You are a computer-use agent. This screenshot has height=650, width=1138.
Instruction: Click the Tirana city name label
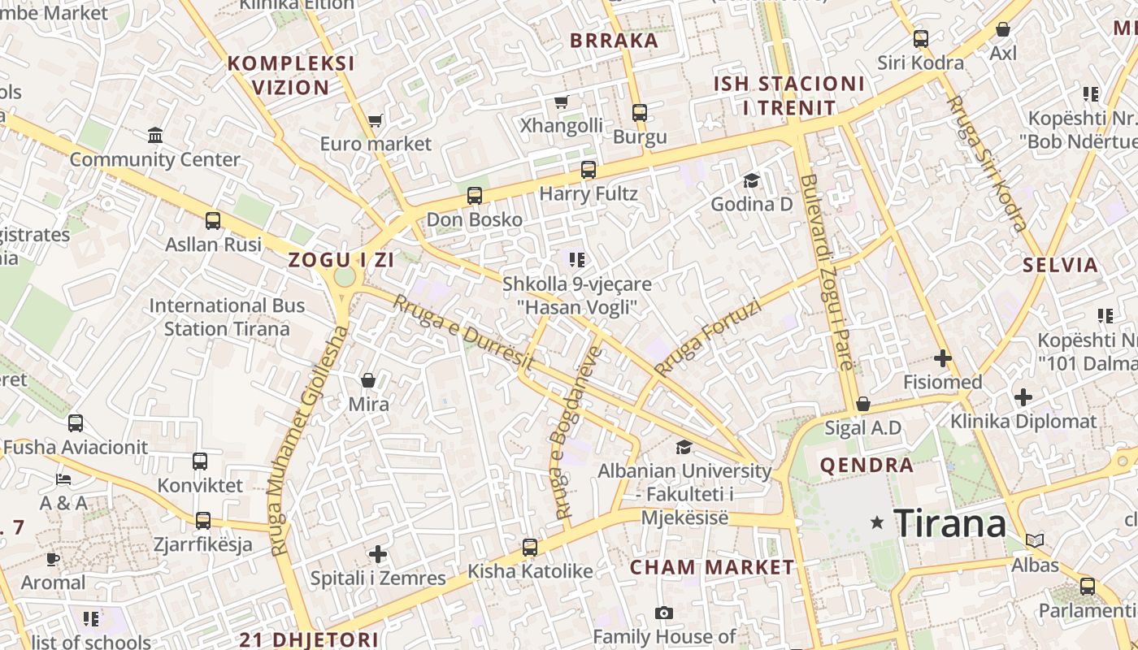click(950, 523)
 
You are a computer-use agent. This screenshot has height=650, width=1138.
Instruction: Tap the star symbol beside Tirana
click(877, 522)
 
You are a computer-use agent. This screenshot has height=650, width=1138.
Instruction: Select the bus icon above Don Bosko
click(475, 195)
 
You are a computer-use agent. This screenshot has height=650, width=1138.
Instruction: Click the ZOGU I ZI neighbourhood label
click(341, 260)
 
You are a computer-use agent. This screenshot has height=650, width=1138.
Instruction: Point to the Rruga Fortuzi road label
click(707, 338)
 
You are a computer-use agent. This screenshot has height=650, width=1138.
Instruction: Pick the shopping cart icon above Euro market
click(375, 120)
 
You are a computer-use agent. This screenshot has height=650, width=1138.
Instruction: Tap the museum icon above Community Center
click(155, 135)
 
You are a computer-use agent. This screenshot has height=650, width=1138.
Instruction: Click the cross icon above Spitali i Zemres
click(378, 554)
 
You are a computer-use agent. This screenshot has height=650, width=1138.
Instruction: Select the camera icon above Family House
click(664, 613)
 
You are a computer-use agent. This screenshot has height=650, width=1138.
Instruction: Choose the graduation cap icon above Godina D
click(751, 180)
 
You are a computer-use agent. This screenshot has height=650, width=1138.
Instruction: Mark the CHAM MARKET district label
click(711, 566)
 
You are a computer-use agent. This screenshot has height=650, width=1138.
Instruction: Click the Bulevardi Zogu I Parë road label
click(827, 271)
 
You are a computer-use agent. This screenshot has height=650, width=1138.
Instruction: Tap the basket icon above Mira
click(368, 379)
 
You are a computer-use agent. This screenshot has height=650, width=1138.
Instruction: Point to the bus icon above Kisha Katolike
click(530, 547)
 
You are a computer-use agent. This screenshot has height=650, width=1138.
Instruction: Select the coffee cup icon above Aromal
click(53, 558)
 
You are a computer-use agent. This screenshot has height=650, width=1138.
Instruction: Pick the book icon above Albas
click(1035, 540)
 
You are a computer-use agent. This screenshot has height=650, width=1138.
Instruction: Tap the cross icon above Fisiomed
click(943, 357)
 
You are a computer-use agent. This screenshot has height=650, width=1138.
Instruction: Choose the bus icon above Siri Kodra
click(921, 38)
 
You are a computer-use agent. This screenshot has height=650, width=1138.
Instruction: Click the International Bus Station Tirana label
click(227, 318)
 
